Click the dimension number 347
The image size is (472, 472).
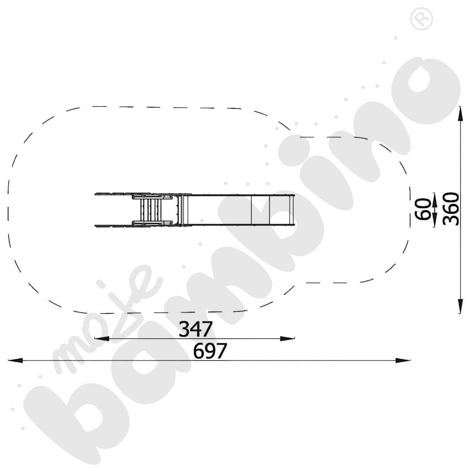coord(196,329)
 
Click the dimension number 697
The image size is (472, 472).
coord(210,351)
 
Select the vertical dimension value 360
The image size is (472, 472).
coord(451,209)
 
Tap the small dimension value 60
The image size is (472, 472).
coord(422,209)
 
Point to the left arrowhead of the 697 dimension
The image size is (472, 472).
coord(15,360)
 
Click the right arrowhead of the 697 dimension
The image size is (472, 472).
coord(403,360)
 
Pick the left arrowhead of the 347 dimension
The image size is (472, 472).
coord(102,338)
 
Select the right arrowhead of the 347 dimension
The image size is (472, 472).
coord(287,338)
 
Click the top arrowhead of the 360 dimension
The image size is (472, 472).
coord(460,114)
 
